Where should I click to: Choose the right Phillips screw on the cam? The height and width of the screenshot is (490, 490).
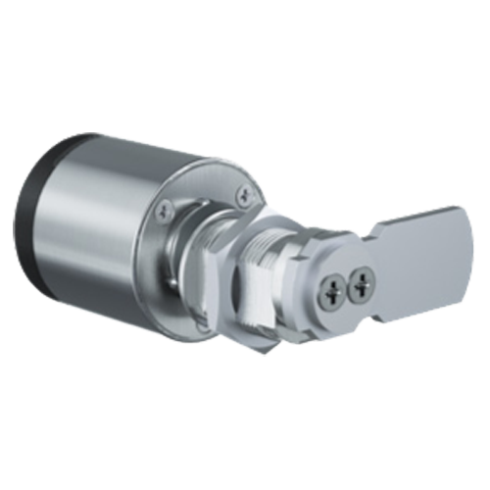point(364,283)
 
